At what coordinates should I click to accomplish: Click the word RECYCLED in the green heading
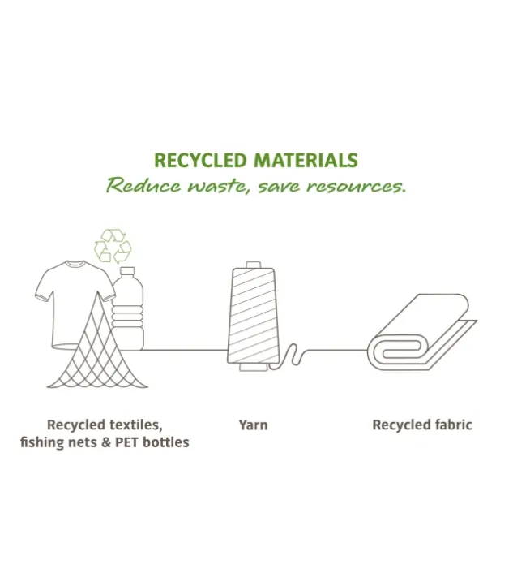(200, 161)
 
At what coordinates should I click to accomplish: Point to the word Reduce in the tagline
(143, 184)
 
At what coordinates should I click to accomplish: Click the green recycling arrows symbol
(113, 246)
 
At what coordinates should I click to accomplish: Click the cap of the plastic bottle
(127, 271)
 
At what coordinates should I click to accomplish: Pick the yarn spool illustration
(253, 317)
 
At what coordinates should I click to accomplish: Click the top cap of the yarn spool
(254, 265)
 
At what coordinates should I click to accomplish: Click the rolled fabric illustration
(421, 331)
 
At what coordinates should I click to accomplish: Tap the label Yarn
(253, 425)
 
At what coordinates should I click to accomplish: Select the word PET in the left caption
(127, 442)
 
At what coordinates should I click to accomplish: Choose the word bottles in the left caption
(166, 442)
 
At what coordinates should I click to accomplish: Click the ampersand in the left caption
(106, 442)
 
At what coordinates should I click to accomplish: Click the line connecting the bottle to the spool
(185, 350)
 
